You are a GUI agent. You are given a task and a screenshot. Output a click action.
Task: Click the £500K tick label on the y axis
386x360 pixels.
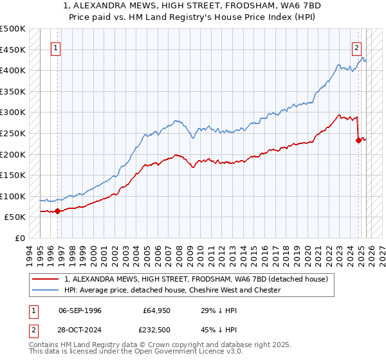pyautogui.click(x=13, y=29)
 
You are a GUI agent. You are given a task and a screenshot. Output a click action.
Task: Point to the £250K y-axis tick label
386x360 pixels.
pyautogui.click(x=13, y=134)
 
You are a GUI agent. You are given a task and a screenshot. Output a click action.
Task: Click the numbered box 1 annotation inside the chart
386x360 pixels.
pyautogui.click(x=56, y=48)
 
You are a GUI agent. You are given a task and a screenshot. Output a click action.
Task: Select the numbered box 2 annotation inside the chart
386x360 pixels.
pyautogui.click(x=356, y=48)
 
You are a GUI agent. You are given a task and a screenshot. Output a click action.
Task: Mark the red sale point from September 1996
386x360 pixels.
pyautogui.click(x=58, y=210)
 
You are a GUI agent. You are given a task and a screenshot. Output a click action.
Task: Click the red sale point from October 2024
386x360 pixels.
pyautogui.click(x=358, y=140)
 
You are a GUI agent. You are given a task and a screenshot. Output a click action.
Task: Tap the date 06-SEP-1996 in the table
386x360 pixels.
pyautogui.click(x=80, y=310)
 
